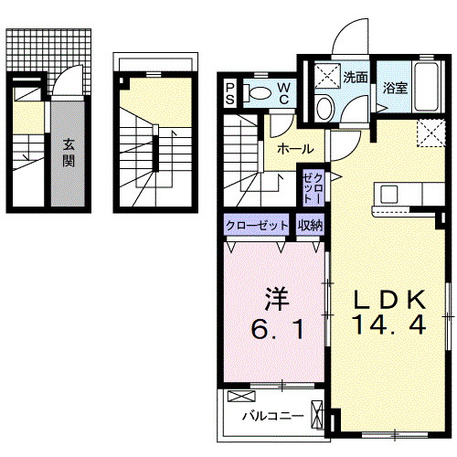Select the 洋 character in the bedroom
tap(277, 298)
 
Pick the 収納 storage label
tap(308, 224)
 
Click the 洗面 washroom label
tap(356, 78)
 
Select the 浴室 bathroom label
tap(395, 89)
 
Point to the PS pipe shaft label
tap(230, 92)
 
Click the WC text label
tap(284, 92)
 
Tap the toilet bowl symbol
tap(260, 91)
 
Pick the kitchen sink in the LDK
tap(389, 194)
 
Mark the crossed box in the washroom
tap(326, 78)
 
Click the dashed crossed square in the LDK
tap(428, 133)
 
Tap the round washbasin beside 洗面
tap(324, 107)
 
